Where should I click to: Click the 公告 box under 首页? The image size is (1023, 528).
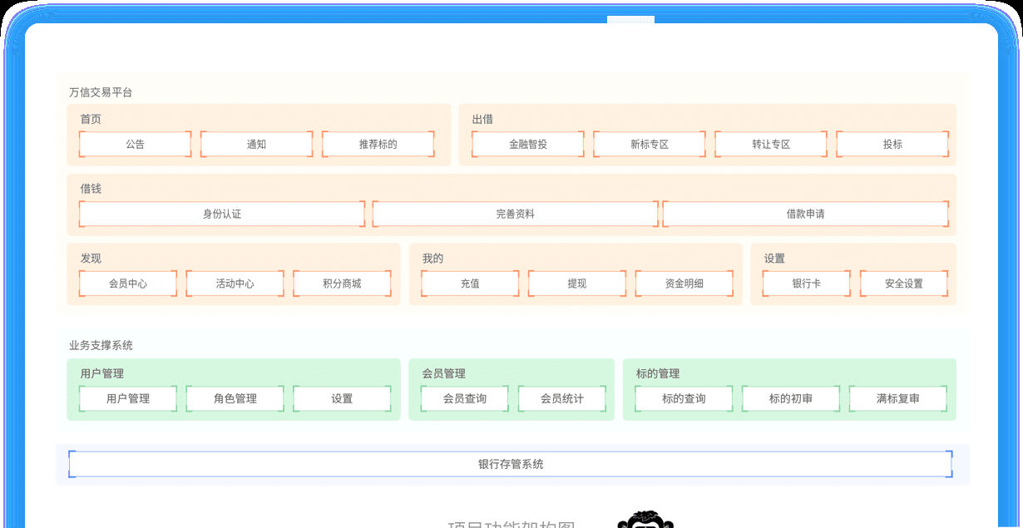pos(136,144)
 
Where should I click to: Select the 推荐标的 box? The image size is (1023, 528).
pos(378,144)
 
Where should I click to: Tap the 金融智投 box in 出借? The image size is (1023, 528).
pos(528,144)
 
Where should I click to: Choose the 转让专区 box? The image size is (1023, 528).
pos(771,144)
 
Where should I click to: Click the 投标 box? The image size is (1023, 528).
pos(892,144)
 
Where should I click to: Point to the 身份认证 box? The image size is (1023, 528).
pos(222,214)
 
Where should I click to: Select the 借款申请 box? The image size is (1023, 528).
pos(805,214)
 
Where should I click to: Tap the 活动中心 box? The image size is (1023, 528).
pos(235,284)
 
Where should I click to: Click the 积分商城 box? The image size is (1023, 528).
pos(342,284)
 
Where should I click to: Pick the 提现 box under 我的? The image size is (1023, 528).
pos(577,284)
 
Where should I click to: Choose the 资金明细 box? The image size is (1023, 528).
pos(684,284)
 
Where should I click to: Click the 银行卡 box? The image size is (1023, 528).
pos(806,284)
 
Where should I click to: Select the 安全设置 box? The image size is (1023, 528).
pos(903,284)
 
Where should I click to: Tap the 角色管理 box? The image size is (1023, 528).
pos(235,398)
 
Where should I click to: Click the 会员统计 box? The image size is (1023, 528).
pos(561,398)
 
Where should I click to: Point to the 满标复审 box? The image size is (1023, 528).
pos(897,398)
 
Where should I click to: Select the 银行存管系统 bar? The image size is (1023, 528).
pos(511,464)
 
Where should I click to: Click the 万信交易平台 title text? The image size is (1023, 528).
pos(101,92)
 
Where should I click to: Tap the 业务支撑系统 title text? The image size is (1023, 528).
pos(101,345)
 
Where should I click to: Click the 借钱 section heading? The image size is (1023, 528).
pos(91,189)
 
